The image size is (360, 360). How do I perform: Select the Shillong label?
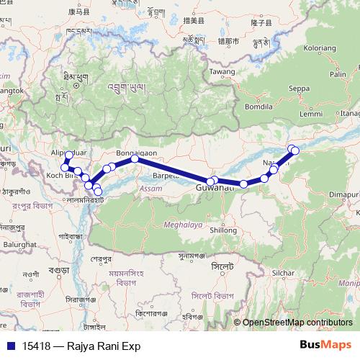click(x=222, y=230)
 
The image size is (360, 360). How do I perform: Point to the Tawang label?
click(x=222, y=73)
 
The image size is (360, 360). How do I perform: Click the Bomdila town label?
click(x=258, y=106)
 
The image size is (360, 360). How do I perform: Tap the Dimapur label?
click(x=344, y=194)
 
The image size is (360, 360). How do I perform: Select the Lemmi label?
click(x=311, y=114)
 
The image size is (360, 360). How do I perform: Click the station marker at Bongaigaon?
click(x=135, y=159)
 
